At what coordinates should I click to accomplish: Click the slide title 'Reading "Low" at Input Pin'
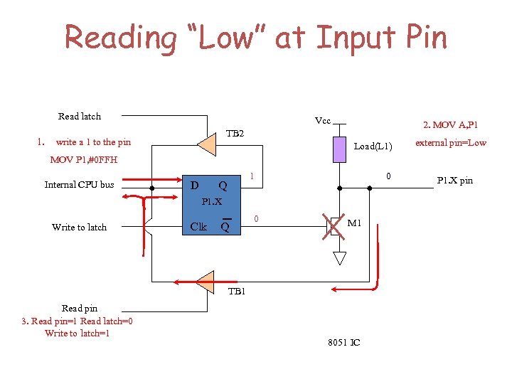tap(256, 37)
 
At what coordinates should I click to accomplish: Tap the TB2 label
tap(235, 134)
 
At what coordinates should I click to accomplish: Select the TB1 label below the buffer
tap(236, 292)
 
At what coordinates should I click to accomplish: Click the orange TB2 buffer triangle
tap(206, 144)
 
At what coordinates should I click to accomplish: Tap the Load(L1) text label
tap(373, 146)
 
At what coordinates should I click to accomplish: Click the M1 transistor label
tap(355, 223)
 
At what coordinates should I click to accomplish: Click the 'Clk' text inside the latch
tap(198, 227)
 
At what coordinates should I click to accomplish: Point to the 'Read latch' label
tap(80, 116)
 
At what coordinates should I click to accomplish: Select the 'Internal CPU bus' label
tap(79, 185)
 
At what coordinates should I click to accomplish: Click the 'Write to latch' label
tap(79, 227)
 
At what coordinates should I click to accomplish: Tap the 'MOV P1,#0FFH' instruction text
tap(84, 159)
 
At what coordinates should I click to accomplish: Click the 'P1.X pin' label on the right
tap(455, 181)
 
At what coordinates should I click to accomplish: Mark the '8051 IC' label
tap(343, 343)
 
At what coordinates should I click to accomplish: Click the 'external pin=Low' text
tap(451, 142)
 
